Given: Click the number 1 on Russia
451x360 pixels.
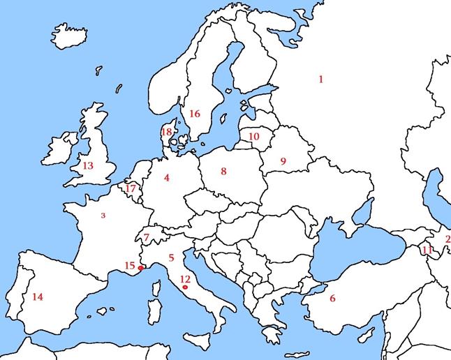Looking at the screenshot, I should point(320,80).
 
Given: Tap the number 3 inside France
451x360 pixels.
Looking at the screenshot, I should point(103,216).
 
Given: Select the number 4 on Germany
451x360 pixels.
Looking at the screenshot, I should point(167,178).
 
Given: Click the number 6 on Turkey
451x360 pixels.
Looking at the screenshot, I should point(332,299).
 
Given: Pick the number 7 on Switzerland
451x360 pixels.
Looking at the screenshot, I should point(147,238).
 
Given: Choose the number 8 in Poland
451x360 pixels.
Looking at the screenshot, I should point(223,171).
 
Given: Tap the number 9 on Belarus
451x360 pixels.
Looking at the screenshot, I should point(283,161).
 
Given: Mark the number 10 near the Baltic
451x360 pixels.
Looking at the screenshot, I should point(253,137).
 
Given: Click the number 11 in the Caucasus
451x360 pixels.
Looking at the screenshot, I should point(427,250).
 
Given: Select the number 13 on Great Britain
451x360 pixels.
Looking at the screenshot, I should point(87,166).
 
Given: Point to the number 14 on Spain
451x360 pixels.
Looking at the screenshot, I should point(38,297).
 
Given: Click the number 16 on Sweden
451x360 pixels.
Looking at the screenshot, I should point(195,114).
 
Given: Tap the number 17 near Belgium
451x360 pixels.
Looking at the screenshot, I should point(131,188).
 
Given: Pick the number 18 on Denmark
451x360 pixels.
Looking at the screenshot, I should point(166,131).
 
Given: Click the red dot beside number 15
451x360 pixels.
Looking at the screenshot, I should point(141,268).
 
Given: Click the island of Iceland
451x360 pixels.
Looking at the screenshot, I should point(69,36).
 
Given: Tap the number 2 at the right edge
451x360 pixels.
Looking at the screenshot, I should point(448,239).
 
